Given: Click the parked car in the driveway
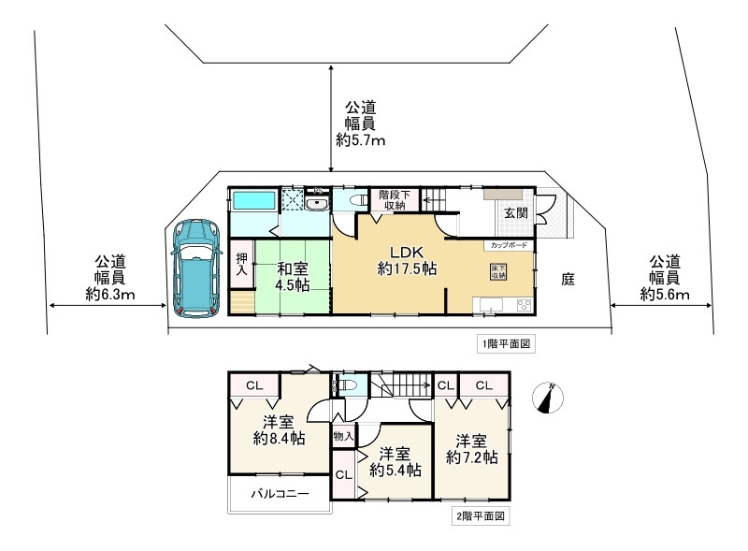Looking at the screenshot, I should [194, 269].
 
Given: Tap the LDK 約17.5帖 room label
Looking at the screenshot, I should [402, 260].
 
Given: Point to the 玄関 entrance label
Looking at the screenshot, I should [516, 212].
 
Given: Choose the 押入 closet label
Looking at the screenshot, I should [240, 264].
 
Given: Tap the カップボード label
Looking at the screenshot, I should [506, 244].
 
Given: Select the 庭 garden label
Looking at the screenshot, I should [568, 278].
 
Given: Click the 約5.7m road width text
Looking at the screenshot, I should [361, 140].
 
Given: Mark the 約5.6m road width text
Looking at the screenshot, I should [665, 294].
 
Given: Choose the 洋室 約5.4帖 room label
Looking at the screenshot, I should [393, 462].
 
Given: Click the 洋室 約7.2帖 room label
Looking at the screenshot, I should [471, 449].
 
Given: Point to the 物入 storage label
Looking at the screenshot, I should [342, 436].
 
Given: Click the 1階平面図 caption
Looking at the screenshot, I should [506, 344].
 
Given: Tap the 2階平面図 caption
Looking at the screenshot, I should [480, 515].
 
